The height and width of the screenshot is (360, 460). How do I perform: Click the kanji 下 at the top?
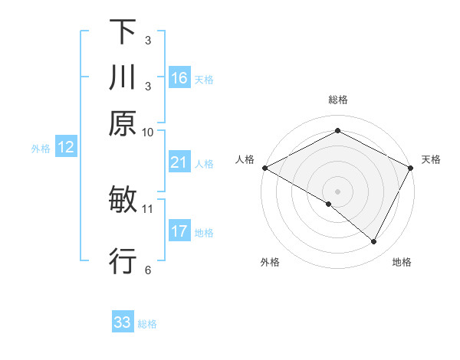tap(123, 32)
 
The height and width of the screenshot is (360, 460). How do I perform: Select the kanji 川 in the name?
tap(123, 78)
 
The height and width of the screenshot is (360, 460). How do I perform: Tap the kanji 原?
tap(123, 124)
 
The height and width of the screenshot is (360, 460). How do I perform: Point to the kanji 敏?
tap(123, 201)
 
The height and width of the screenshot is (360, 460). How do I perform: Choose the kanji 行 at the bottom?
tap(123, 261)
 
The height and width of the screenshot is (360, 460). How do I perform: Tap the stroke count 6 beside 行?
tap(147, 270)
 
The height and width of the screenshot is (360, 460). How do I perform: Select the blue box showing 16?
tap(179, 78)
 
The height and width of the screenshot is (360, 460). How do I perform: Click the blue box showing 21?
tap(179, 162)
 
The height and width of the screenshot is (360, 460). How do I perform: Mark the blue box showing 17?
tap(179, 231)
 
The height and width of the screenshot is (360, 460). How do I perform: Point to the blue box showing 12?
tap(66, 148)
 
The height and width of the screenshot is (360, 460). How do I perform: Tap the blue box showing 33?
tap(123, 322)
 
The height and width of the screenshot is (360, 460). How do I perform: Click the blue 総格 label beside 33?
tap(147, 324)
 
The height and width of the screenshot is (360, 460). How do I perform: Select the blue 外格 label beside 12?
tap(41, 149)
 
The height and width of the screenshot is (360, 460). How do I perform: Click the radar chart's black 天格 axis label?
tap(431, 159)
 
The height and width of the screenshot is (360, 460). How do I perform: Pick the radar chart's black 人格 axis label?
tap(245, 159)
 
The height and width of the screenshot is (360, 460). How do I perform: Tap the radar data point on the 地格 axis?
tap(374, 242)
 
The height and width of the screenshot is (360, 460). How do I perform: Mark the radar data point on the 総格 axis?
tap(337, 131)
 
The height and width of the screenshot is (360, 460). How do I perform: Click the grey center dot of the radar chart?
tap(337, 191)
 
